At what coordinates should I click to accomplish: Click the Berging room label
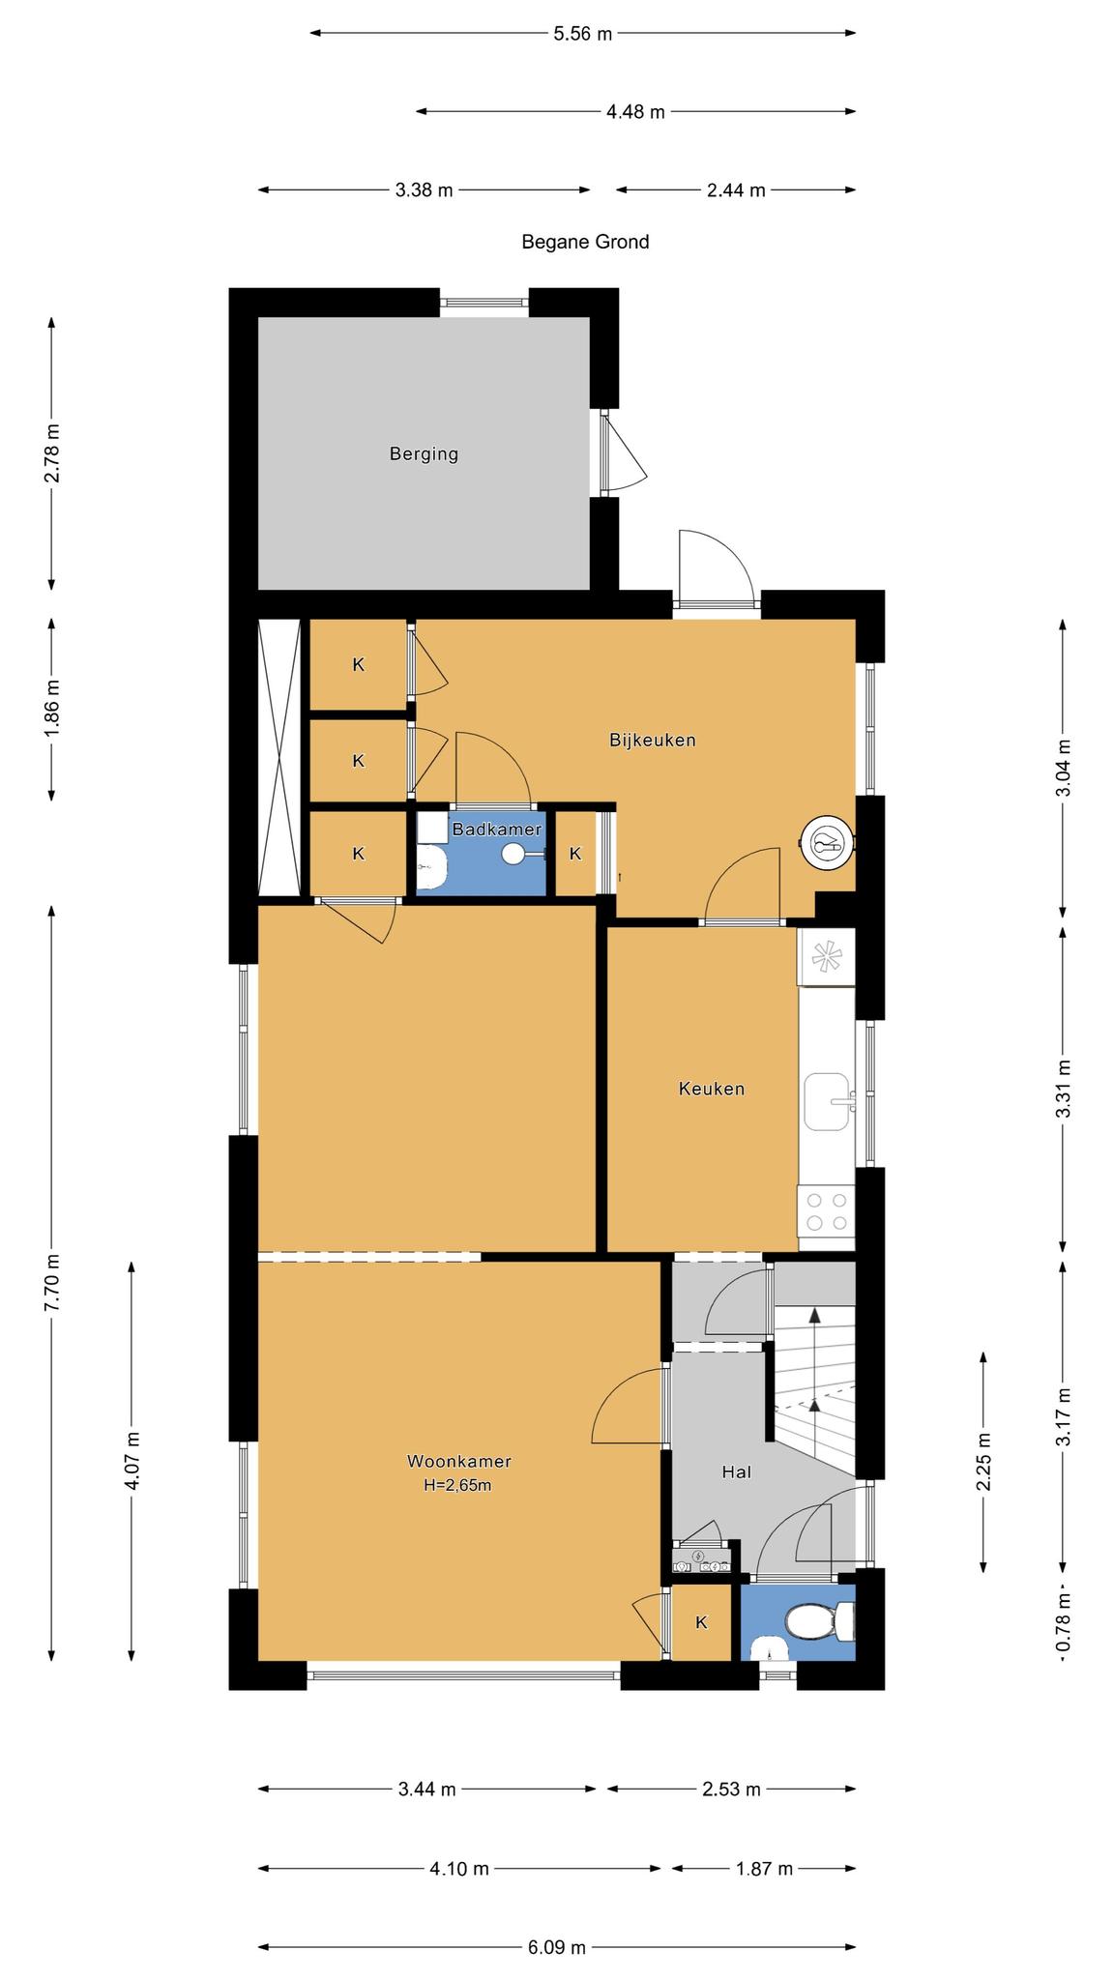pos(424,453)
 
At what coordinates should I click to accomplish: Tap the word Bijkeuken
pos(653,741)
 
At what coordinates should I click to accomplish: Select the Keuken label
pos(712,1089)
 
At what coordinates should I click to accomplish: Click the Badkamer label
pos(497,830)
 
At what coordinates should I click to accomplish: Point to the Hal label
pos(736,1472)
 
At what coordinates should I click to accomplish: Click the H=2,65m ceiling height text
pos(457,1485)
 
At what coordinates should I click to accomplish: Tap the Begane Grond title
pos(585,242)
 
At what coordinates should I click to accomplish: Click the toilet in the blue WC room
pos(820,1621)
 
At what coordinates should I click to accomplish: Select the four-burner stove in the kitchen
pos(826,1210)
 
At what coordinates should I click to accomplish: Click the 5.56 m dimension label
pos(583,34)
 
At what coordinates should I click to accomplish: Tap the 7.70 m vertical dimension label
pos(52,1282)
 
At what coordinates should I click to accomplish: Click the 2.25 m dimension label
pos(984,1461)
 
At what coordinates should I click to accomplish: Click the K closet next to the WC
pos(701,1622)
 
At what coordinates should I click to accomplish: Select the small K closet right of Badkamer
pos(575,854)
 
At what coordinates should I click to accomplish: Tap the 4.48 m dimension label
pos(635,112)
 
